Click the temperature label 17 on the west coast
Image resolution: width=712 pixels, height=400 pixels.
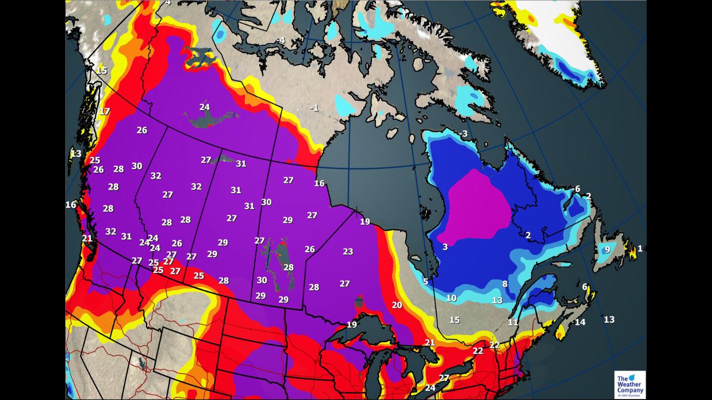pyautogui.click(x=104, y=111)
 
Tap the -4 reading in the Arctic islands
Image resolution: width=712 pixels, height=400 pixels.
pyautogui.click(x=280, y=40)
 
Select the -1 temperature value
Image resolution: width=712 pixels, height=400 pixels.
pyautogui.click(x=314, y=108)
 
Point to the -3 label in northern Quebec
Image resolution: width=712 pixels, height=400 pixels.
pyautogui.click(x=463, y=134)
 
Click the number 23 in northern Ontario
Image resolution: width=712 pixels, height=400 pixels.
pyautogui.click(x=348, y=251)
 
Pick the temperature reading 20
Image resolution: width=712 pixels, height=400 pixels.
pyautogui.click(x=397, y=305)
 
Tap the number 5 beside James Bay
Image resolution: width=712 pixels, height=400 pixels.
pyautogui.click(x=426, y=282)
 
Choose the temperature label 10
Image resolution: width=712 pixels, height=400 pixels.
pyautogui.click(x=451, y=298)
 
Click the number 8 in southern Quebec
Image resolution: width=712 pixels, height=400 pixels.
pyautogui.click(x=505, y=284)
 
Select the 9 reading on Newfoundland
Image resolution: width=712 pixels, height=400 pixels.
pyautogui.click(x=607, y=249)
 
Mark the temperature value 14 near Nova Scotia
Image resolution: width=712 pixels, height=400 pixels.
pyautogui.click(x=580, y=322)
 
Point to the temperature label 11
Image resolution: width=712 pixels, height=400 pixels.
pyautogui.click(x=513, y=322)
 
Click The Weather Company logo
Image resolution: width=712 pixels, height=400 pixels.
pyautogui.click(x=630, y=384)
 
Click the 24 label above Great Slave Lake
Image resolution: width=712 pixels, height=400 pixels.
pyautogui.click(x=205, y=107)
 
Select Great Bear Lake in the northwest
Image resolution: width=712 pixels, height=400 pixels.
pyautogui.click(x=201, y=56)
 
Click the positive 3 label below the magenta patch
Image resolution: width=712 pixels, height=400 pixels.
pyautogui.click(x=445, y=247)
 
